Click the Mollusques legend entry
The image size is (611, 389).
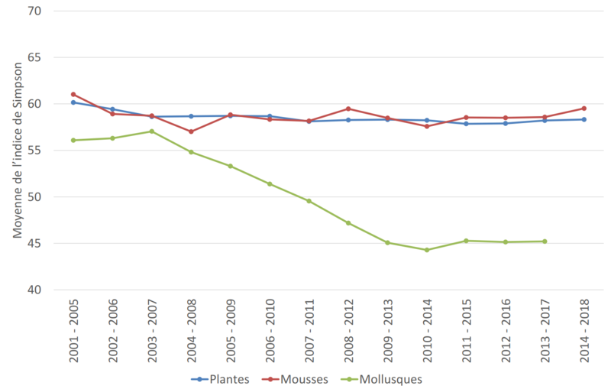(390, 378)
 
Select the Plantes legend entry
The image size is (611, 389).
(228, 378)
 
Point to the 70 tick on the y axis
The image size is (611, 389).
(36, 11)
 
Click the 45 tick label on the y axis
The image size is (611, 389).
(36, 244)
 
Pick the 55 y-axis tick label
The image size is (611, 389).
(36, 151)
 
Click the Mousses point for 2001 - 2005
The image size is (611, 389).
(73, 94)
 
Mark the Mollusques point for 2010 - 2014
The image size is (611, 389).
(427, 250)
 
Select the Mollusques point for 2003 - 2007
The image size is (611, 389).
(151, 131)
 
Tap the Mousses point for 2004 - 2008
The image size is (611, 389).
(191, 131)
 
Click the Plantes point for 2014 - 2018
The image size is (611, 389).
(584, 119)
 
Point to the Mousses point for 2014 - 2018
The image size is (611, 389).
(584, 109)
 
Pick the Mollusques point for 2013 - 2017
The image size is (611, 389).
(545, 242)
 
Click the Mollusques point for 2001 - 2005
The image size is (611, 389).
(73, 140)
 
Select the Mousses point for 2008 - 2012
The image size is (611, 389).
(348, 109)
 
